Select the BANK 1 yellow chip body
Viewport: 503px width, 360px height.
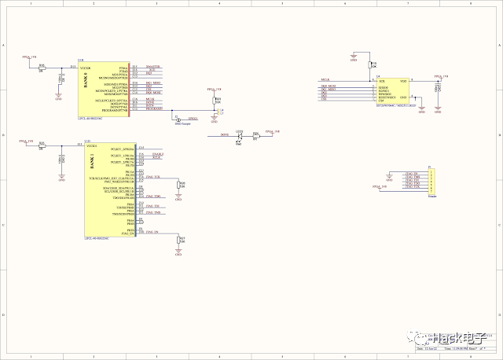[110, 189]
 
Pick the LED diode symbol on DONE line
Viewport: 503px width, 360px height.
[240, 136]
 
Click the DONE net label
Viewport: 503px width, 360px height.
[224, 135]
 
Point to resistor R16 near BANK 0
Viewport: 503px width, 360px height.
[42, 68]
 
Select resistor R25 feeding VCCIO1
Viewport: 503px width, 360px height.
[42, 146]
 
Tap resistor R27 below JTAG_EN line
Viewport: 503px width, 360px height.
[178, 240]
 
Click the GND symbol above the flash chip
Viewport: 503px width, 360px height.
[354, 57]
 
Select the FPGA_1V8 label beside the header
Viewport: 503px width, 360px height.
[380, 187]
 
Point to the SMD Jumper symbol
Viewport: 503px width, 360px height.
[178, 119]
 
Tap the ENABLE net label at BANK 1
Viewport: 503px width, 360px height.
[157, 154]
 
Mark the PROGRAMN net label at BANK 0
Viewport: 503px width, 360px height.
[153, 109]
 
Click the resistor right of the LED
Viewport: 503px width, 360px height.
[256, 135]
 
